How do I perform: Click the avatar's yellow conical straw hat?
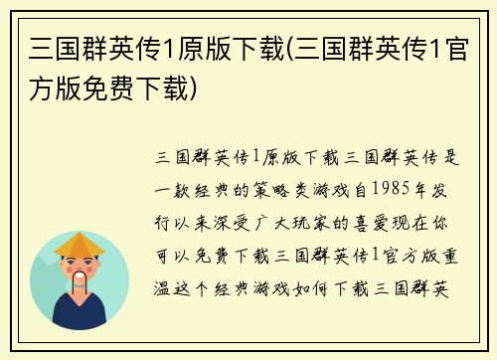click(80, 245)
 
